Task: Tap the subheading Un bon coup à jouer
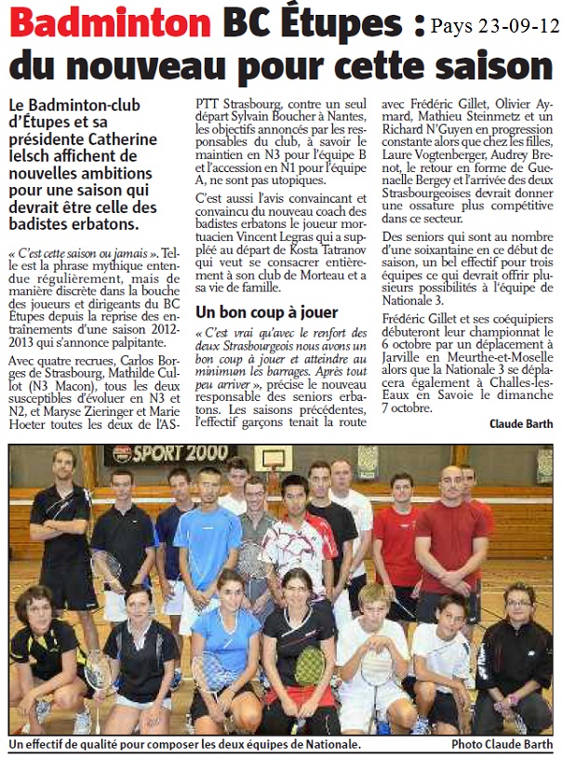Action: (267, 312)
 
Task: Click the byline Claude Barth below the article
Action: (520, 423)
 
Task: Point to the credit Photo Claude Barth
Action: (502, 744)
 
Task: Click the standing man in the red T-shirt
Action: (449, 539)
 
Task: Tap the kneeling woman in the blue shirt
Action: (226, 642)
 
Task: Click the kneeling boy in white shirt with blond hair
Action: (372, 651)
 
